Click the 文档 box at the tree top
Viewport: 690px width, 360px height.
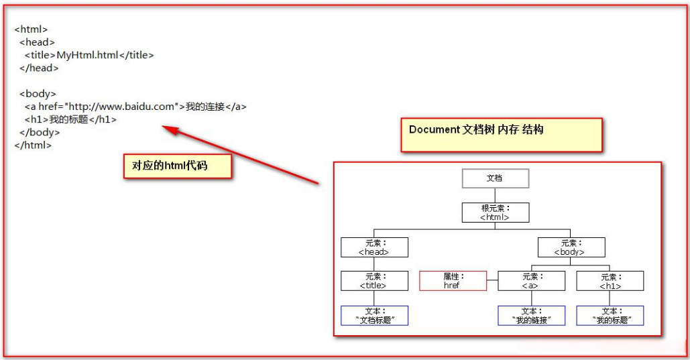[495, 178]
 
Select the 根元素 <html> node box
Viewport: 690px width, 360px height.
[495, 213]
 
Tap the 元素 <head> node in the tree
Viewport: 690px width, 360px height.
[373, 247]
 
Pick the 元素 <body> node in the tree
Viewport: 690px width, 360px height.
[571, 247]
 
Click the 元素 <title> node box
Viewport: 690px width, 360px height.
[373, 280]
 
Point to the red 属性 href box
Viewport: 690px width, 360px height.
[453, 280]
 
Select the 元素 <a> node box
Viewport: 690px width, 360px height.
[530, 280]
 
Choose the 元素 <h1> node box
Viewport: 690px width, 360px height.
[610, 280]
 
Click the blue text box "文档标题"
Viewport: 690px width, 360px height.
[373, 316]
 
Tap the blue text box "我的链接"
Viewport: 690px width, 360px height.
[530, 316]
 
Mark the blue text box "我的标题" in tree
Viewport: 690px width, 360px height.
[610, 316]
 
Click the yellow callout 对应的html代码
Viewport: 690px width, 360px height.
[177, 166]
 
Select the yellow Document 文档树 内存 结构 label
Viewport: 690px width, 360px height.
[501, 134]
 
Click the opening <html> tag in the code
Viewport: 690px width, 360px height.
[31, 29]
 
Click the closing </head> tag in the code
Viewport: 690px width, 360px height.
[39, 68]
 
